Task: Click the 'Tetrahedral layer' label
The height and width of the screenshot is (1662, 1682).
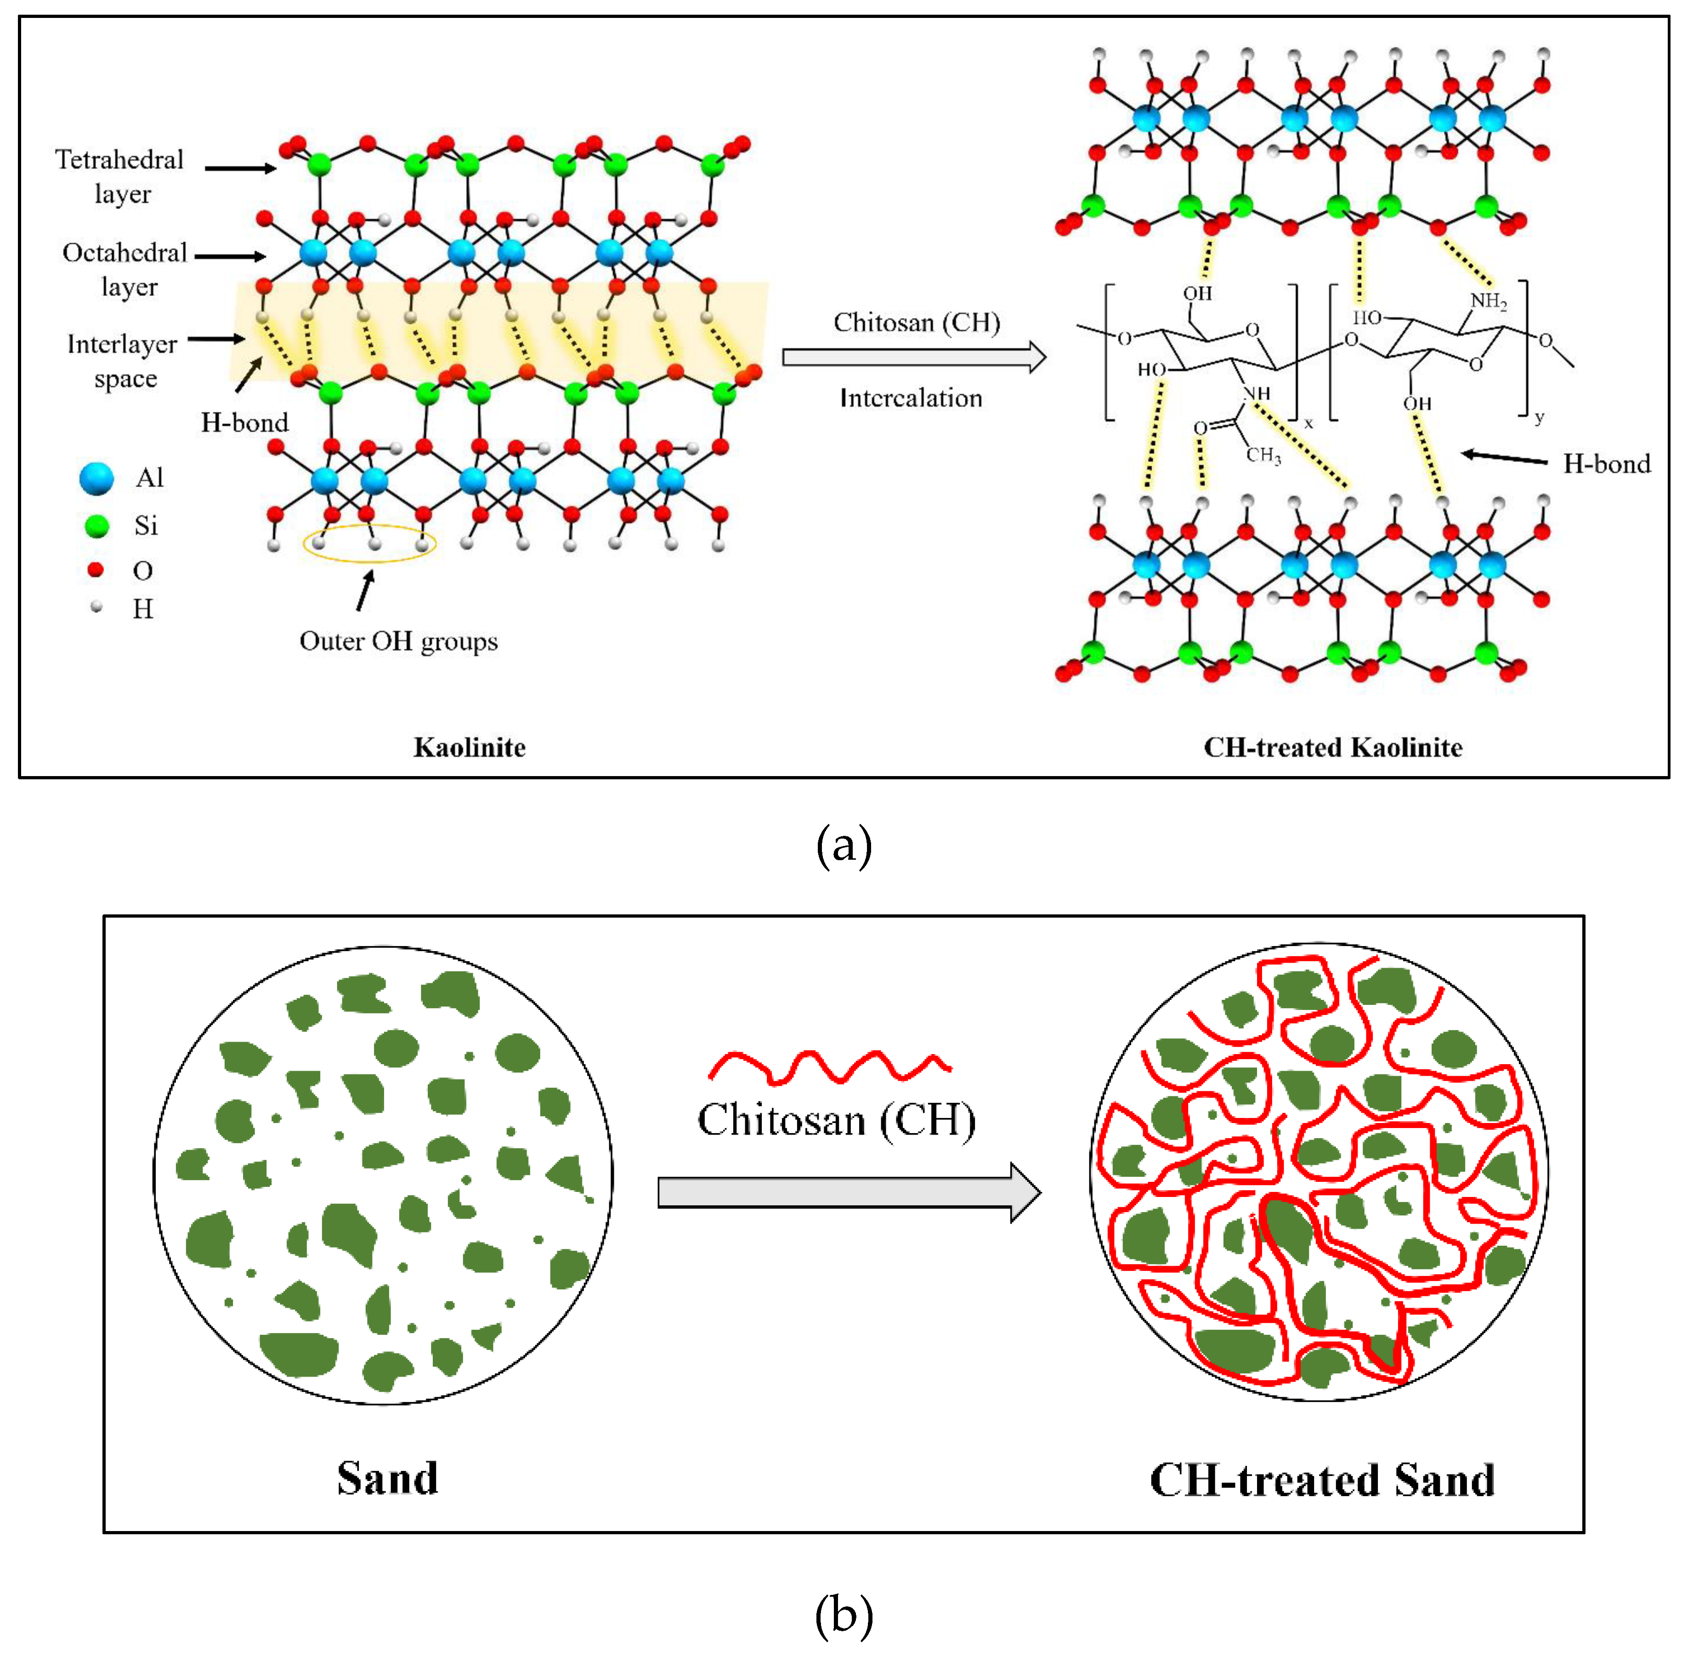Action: click(x=120, y=176)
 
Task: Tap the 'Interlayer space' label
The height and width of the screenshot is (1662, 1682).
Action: click(x=123, y=360)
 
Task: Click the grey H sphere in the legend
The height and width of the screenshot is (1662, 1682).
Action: click(x=96, y=607)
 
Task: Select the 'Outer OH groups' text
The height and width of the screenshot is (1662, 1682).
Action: click(x=399, y=641)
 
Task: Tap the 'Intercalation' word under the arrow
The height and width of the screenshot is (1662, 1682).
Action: click(x=911, y=398)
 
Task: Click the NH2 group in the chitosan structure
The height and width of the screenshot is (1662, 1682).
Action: click(x=1489, y=301)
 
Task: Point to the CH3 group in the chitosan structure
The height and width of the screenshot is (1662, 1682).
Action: click(x=1263, y=454)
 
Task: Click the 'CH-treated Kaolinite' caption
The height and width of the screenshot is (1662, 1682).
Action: click(x=1333, y=747)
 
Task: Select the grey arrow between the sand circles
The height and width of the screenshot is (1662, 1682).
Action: click(x=849, y=1192)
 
